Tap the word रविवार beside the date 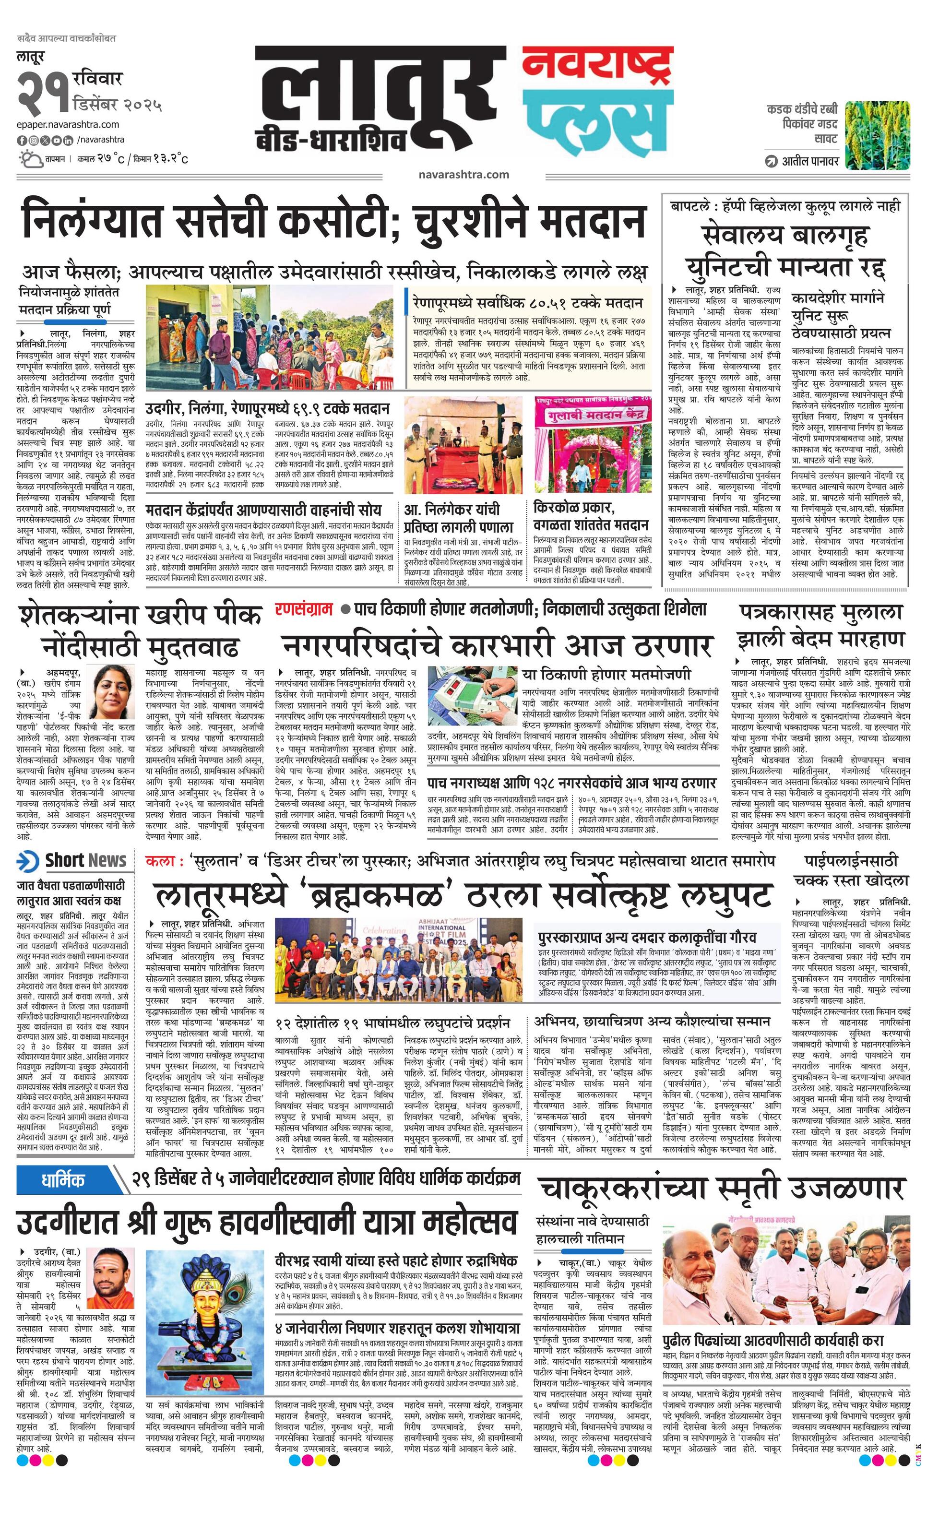coord(97,79)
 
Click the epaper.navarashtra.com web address coord(68,124)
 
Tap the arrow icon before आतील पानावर coord(771,162)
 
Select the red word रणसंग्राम coord(304,608)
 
